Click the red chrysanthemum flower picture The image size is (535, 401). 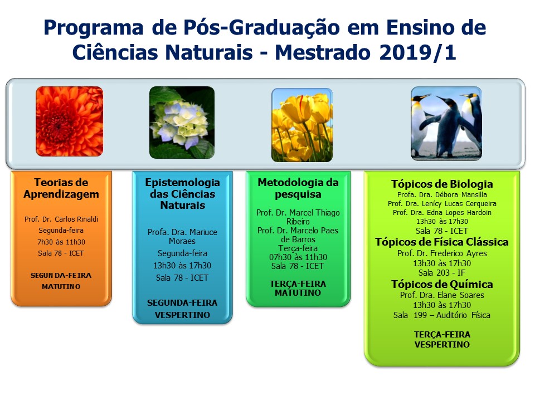(x=69, y=121)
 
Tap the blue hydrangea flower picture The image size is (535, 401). (x=182, y=123)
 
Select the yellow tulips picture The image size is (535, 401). (x=302, y=125)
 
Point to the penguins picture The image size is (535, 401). (x=446, y=124)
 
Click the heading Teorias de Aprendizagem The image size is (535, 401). (x=61, y=188)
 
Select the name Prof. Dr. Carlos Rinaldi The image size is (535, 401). (x=61, y=219)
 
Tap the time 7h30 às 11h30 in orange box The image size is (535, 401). (x=61, y=242)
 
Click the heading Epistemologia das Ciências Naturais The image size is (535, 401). (x=183, y=194)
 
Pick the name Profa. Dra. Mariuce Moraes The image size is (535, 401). (x=182, y=237)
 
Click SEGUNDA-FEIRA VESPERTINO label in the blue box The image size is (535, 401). (x=182, y=309)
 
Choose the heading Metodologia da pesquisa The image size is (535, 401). (x=298, y=188)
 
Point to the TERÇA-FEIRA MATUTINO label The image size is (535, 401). (x=298, y=288)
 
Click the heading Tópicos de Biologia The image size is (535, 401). (x=442, y=184)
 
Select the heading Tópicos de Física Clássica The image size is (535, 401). (x=442, y=242)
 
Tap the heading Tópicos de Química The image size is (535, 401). (x=442, y=285)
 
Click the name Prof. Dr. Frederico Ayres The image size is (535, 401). (x=442, y=253)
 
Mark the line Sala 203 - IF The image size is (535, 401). (x=442, y=273)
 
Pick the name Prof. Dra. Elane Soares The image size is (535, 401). (x=442, y=295)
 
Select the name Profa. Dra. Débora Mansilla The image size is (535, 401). (x=442, y=195)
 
